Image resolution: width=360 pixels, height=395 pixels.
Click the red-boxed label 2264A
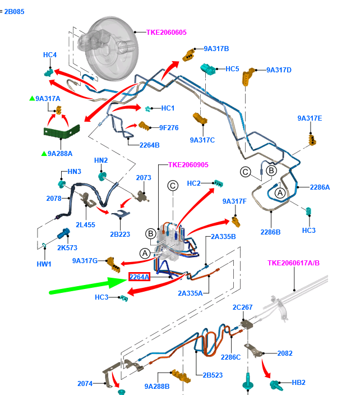point(139,277)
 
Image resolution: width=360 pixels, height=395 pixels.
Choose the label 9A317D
point(279,70)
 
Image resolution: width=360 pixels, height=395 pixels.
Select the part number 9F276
point(168,127)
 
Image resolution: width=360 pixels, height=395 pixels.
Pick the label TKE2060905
point(188,166)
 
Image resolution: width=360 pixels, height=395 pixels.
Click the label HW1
point(44,264)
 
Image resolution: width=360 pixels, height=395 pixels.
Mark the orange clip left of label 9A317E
point(310,137)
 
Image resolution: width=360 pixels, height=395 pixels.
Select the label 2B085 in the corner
point(14,11)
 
